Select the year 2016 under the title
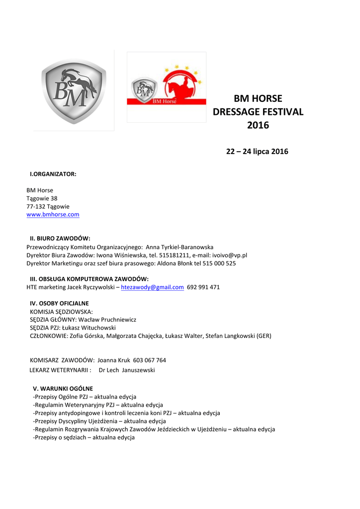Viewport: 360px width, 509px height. click(x=258, y=125)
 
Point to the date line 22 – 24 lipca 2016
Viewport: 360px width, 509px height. click(x=257, y=152)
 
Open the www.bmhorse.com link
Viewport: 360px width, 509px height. click(x=53, y=215)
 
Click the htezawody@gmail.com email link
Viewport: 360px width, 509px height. click(x=153, y=287)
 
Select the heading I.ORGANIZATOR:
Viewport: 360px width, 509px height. click(x=53, y=174)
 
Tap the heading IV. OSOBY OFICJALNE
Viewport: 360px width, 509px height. click(x=60, y=303)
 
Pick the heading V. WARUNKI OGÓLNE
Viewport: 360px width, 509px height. click(x=63, y=388)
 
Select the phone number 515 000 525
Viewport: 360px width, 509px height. click(x=220, y=263)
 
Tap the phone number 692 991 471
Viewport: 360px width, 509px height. click(x=203, y=287)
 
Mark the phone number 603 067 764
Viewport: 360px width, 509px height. click(x=150, y=360)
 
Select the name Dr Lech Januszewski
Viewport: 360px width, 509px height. click(x=127, y=370)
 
